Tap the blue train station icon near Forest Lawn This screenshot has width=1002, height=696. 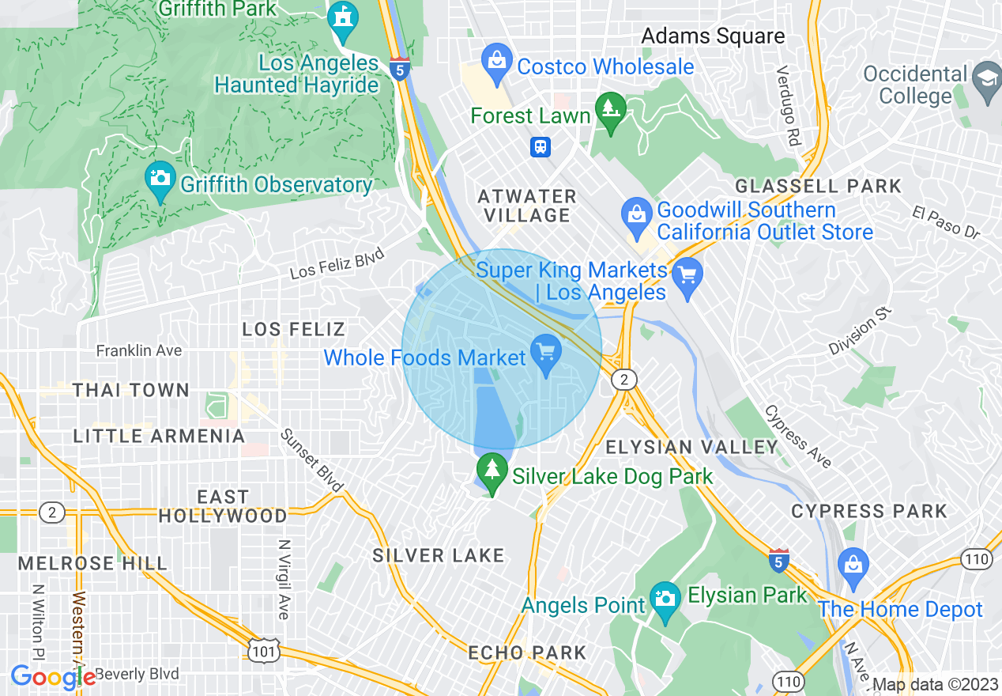click(x=541, y=147)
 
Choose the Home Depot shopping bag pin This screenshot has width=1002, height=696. click(x=854, y=565)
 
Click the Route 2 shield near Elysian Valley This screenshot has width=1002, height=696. click(x=624, y=380)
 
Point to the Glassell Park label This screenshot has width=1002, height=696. click(x=818, y=187)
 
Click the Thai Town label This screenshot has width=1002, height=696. click(x=131, y=390)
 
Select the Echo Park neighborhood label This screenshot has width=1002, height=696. click(x=527, y=652)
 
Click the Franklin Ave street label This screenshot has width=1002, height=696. click(x=139, y=350)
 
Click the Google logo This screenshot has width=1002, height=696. click(x=53, y=677)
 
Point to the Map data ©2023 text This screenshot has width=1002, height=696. click(x=935, y=684)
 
